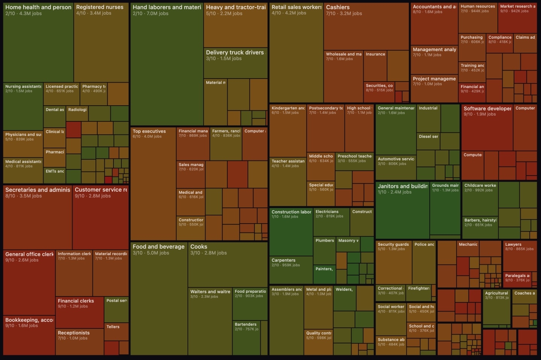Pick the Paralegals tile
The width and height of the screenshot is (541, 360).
point(517,280)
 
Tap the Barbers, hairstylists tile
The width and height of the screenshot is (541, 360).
point(480,228)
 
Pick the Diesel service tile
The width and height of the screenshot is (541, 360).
point(428,141)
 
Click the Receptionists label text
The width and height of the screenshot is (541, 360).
point(74,333)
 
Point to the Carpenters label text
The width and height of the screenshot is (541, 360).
point(283,260)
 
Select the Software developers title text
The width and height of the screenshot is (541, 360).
point(487,109)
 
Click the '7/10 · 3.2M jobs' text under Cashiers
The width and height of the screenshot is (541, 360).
point(344,14)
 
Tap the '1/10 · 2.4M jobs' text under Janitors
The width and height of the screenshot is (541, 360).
point(394,192)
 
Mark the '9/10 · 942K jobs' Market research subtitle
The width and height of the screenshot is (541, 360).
point(514,11)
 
